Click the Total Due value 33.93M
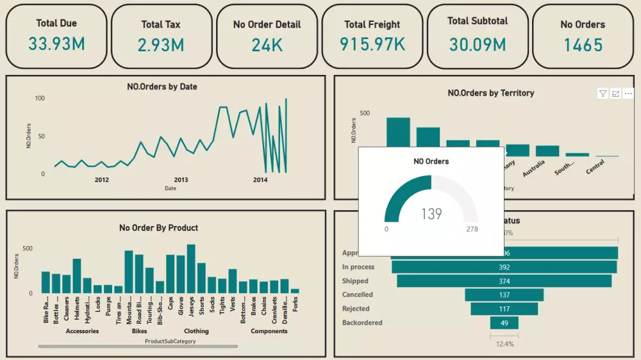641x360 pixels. point(56,44)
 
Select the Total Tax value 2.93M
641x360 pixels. point(161,45)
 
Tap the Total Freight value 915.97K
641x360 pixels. point(372,44)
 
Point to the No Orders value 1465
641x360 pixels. point(583,45)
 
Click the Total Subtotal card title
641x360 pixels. point(477,21)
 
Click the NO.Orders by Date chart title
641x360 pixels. point(162,86)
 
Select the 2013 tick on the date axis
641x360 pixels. point(181,180)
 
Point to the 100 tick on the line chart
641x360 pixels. point(40,98)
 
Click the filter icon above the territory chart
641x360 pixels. point(603,94)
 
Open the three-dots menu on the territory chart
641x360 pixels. point(628,94)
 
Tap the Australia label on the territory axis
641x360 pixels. point(533,168)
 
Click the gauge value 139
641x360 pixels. point(431,213)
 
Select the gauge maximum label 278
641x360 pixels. point(472,229)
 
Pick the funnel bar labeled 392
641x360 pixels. point(504,267)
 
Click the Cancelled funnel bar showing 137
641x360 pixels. point(504,295)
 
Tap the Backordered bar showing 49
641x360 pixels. point(504,323)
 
